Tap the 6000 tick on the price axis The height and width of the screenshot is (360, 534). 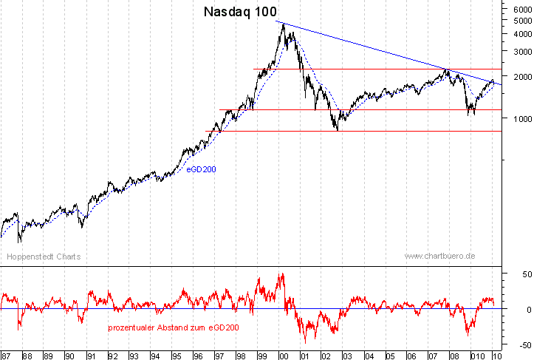tap(518, 10)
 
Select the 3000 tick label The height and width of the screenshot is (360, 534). tap(518, 52)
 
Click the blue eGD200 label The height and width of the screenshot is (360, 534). tap(201, 169)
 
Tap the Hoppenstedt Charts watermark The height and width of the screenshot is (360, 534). tap(44, 257)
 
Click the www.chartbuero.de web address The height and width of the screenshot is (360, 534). tap(439, 256)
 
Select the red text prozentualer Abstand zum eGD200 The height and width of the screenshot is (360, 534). tap(173, 327)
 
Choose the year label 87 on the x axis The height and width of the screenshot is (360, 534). tap(5, 356)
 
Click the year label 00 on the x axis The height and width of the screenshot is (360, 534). tap(284, 356)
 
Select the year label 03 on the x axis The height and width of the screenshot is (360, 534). tap(348, 356)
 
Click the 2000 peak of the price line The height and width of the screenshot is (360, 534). tap(284, 24)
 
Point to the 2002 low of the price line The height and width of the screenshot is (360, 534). tap(338, 130)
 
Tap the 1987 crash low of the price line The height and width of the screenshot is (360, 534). tap(20, 242)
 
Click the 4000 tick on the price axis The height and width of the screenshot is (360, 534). tap(518, 34)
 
